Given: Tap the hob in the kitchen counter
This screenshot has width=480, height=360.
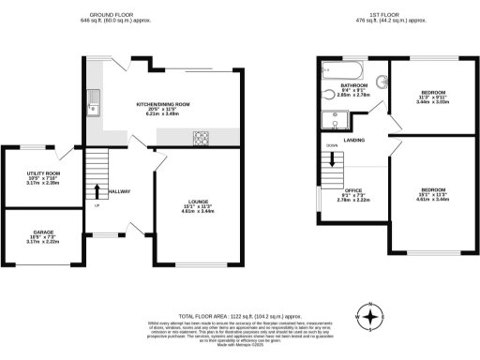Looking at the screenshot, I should point(202,137).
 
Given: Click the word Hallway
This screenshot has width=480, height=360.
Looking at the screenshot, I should point(119,191).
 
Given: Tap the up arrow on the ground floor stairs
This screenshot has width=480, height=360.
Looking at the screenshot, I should point(97,193).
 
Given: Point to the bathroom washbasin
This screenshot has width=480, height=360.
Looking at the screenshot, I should point(382,81).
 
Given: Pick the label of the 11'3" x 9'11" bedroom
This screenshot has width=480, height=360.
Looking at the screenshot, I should point(432,95).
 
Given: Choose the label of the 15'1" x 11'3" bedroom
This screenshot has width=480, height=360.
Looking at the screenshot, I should point(432,193).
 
